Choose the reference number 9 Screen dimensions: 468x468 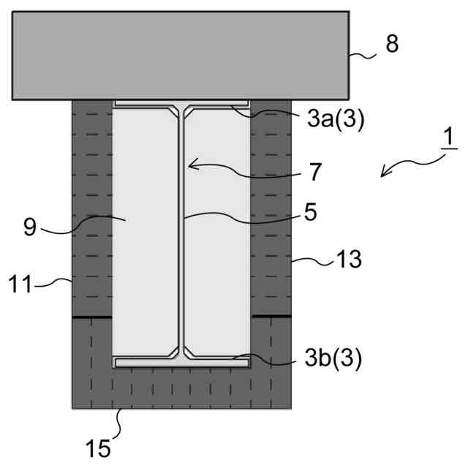[x=29, y=227]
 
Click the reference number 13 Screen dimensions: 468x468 [x=349, y=260]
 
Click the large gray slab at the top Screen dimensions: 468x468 [x=180, y=55]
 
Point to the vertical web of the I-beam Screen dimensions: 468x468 [x=182, y=234]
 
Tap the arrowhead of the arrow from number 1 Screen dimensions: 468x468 [x=385, y=172]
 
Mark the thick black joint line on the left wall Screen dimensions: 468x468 [x=92, y=317]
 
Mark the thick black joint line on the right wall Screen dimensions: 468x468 [x=271, y=317]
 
